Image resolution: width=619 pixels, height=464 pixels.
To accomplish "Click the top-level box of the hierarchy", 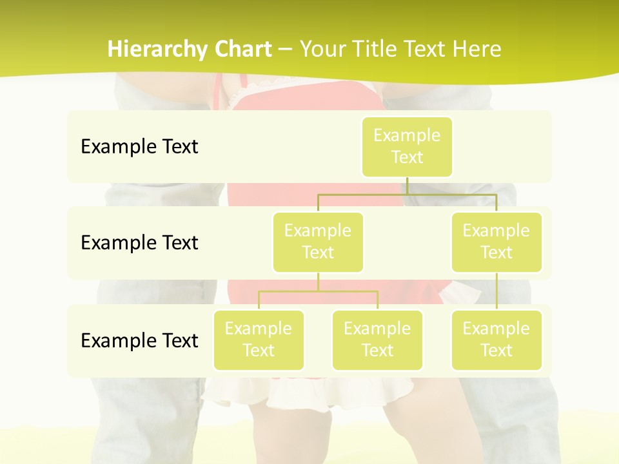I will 407,147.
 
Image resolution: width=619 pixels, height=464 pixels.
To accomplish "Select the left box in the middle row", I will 318,242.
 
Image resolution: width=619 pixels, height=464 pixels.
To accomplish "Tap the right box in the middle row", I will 496,242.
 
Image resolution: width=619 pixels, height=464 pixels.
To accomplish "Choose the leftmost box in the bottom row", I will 259,340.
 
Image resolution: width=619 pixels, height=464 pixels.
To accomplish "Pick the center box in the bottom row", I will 377,340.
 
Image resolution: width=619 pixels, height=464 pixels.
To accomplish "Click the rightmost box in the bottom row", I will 496,340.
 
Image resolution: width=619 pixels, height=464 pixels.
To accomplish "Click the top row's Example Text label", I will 139,147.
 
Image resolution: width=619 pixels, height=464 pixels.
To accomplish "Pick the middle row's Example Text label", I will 139,243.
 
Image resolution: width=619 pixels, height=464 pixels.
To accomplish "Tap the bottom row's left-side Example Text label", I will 139,340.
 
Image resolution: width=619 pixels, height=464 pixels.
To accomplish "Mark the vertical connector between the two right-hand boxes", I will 496,291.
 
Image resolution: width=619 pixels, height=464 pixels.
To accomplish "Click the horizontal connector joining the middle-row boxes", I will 407,194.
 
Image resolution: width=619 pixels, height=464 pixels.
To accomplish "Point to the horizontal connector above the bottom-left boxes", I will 318,291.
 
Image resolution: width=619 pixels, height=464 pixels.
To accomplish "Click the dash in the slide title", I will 286,50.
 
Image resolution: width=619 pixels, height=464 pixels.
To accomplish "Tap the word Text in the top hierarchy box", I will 407,158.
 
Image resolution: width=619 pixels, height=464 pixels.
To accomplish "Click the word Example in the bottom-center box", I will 377,329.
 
